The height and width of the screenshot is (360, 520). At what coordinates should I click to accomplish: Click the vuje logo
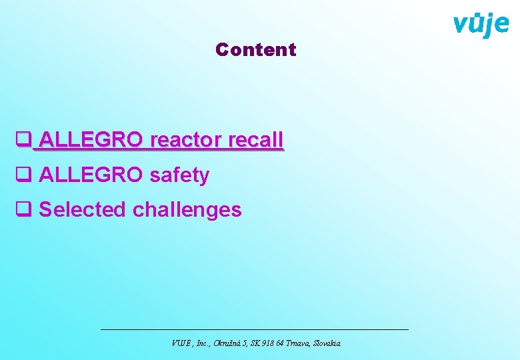[x=481, y=25]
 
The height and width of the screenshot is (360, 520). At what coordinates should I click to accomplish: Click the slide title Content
[x=256, y=49]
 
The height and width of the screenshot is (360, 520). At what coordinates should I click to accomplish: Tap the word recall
[x=255, y=140]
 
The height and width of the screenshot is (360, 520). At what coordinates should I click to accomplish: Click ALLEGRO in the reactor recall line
[x=91, y=140]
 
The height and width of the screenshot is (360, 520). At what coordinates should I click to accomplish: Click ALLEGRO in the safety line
[x=91, y=175]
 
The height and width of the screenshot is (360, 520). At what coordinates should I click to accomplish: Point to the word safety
[x=179, y=175]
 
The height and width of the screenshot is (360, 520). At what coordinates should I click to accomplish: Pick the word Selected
[x=83, y=209]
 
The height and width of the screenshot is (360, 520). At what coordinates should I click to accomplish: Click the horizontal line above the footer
[x=254, y=329]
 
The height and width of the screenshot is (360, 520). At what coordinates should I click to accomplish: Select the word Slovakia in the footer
[x=324, y=343]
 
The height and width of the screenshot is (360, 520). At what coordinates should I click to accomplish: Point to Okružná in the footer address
[x=229, y=343]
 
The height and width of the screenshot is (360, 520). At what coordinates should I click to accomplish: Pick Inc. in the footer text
[x=203, y=343]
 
